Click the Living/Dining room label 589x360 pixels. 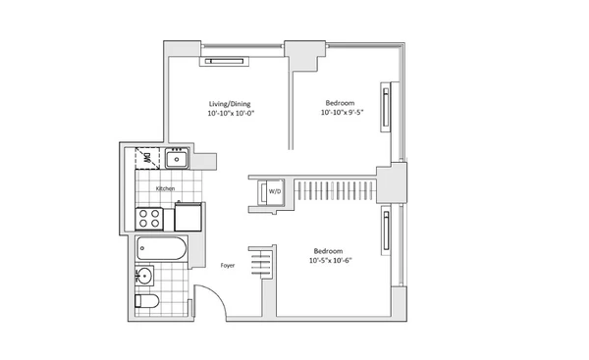[x=231, y=103]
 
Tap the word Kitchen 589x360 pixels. [x=165, y=188]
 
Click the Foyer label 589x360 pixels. [x=226, y=264]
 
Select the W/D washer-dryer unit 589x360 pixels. [x=273, y=192]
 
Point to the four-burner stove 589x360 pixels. [x=150, y=218]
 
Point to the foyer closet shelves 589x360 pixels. [x=260, y=262]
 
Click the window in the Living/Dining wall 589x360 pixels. [x=225, y=61]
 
